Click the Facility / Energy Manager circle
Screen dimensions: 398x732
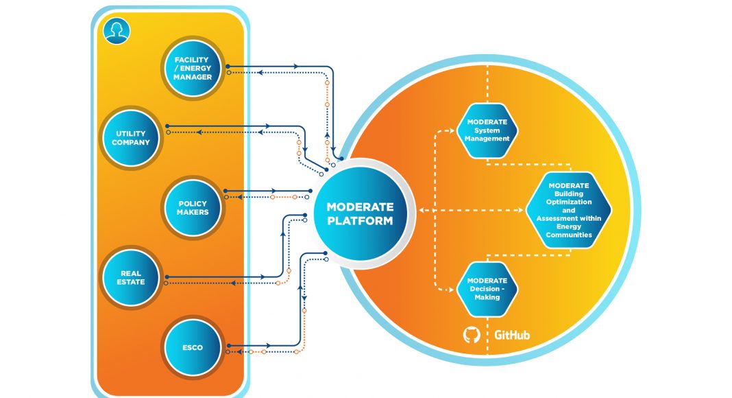point(193,68)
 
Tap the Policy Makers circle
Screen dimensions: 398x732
point(193,208)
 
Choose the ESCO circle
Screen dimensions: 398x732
point(193,347)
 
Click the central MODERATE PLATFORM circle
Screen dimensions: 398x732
point(361,213)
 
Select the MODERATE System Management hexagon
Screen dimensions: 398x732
point(487,130)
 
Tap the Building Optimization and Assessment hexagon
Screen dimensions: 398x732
point(568,210)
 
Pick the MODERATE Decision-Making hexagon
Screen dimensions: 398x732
point(487,289)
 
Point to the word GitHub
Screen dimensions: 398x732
point(512,336)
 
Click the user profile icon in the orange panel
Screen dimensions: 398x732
point(117,31)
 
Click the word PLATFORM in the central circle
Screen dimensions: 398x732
point(361,221)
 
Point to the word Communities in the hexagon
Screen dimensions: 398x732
point(568,235)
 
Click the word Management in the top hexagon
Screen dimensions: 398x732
point(487,138)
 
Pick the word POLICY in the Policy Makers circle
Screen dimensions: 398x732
point(193,204)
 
